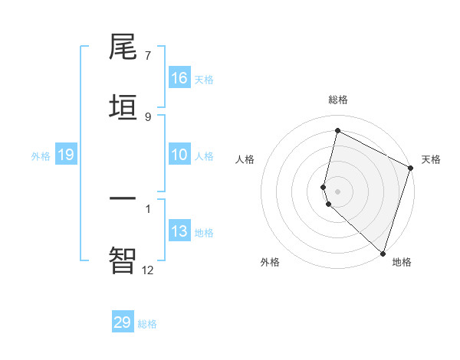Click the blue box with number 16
tap(179, 78)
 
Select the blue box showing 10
tap(179, 155)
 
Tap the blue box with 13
tap(179, 231)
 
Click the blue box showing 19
tap(66, 155)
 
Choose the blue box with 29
tap(123, 322)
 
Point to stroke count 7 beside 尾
tap(148, 56)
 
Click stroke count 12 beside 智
tap(148, 270)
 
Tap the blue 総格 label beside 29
tap(147, 324)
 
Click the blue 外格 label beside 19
tap(41, 155)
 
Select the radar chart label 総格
tap(338, 100)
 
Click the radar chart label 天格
tap(431, 159)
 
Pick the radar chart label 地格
tap(402, 262)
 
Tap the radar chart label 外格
tap(270, 262)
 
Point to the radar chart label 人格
tap(245, 159)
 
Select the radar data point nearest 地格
tap(383, 253)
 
